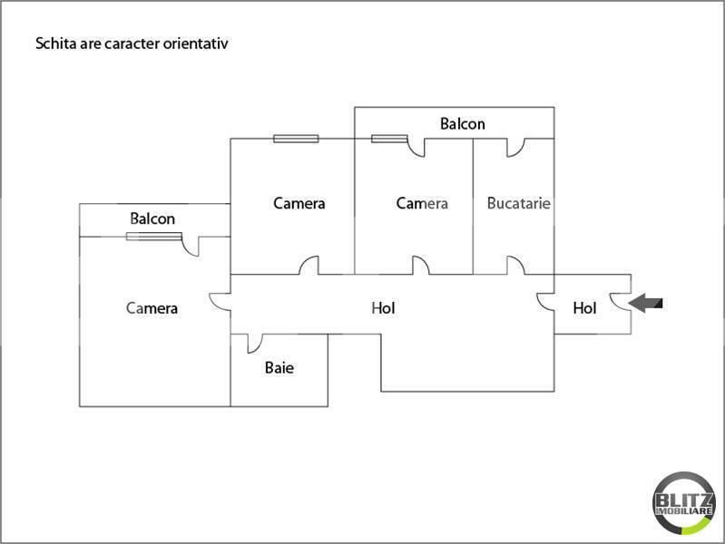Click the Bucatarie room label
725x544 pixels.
pyautogui.click(x=519, y=203)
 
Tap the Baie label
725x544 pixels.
pyautogui.click(x=279, y=368)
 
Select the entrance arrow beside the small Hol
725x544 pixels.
pyautogui.click(x=645, y=303)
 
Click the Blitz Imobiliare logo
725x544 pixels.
pyautogui.click(x=684, y=503)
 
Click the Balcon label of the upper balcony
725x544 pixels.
pyautogui.click(x=463, y=124)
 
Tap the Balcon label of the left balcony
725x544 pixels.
pyautogui.click(x=152, y=219)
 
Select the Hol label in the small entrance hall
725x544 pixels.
pyautogui.click(x=584, y=308)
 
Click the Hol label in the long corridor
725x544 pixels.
pyautogui.click(x=383, y=308)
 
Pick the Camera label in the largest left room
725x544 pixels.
pyautogui.click(x=152, y=308)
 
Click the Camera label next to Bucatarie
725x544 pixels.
pyautogui.click(x=422, y=203)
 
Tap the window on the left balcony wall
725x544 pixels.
pyautogui.click(x=154, y=237)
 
